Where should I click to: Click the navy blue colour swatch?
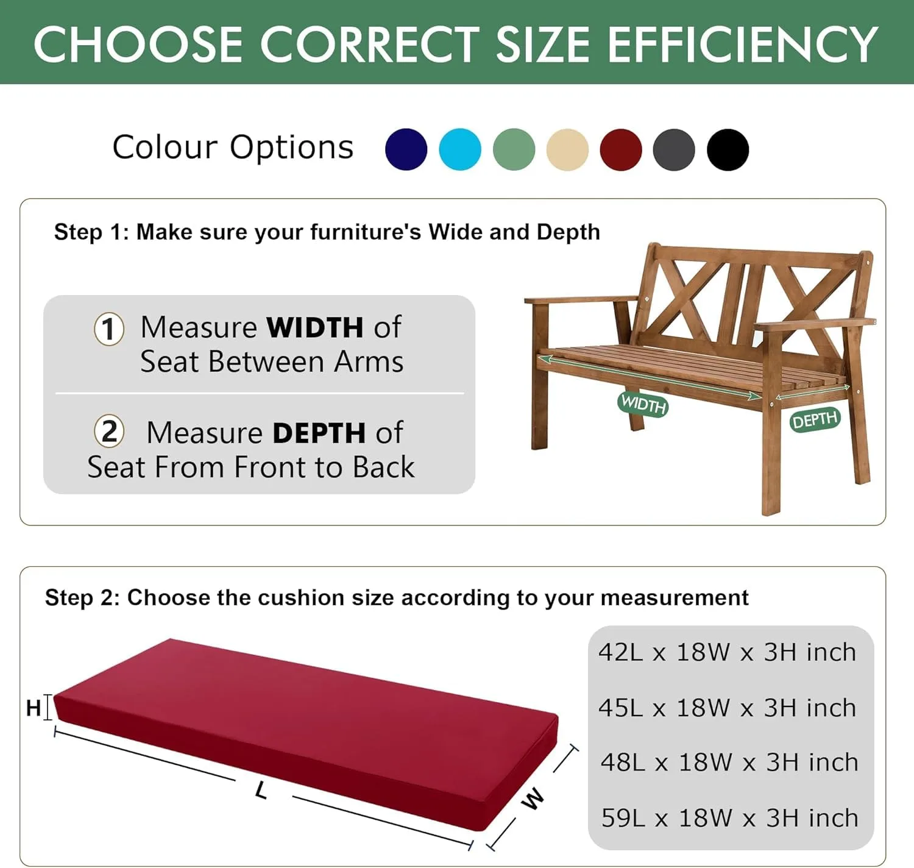pyautogui.click(x=406, y=149)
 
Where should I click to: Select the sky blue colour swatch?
pyautogui.click(x=460, y=149)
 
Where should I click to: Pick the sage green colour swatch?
pyautogui.click(x=514, y=149)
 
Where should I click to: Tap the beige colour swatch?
pyautogui.click(x=567, y=149)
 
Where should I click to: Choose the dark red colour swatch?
pyautogui.click(x=621, y=149)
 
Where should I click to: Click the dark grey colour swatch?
pyautogui.click(x=674, y=149)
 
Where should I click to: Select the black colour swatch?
pyautogui.click(x=728, y=149)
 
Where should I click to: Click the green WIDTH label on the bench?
pyautogui.click(x=643, y=404)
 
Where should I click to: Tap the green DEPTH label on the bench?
pyautogui.click(x=815, y=420)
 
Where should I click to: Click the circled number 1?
pyautogui.click(x=109, y=329)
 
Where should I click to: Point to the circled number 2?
pyautogui.click(x=109, y=432)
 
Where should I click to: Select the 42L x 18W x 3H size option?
pyautogui.click(x=728, y=652)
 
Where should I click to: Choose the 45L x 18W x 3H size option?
pyautogui.click(x=728, y=708)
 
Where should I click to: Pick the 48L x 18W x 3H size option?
pyautogui.click(x=729, y=762)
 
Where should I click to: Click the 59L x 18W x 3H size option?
pyautogui.click(x=729, y=817)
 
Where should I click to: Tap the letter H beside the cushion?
pyautogui.click(x=34, y=708)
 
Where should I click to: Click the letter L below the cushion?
pyautogui.click(x=261, y=791)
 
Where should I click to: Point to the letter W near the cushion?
pyautogui.click(x=533, y=798)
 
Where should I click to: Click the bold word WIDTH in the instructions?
pyautogui.click(x=315, y=327)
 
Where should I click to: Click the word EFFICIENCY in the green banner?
pyautogui.click(x=742, y=44)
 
